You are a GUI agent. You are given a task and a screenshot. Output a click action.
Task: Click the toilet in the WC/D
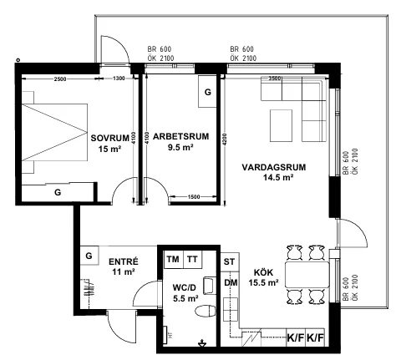[206, 311]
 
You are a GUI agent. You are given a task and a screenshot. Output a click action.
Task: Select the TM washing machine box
[174, 260]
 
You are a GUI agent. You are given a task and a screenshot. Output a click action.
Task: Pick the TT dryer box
[193, 260]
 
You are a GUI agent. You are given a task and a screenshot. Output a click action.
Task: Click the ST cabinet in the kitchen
[230, 261]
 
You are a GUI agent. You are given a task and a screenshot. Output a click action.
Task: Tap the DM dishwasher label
[231, 282]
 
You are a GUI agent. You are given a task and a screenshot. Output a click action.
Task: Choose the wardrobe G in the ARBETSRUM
[207, 91]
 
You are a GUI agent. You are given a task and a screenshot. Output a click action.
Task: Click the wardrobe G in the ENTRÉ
[89, 256]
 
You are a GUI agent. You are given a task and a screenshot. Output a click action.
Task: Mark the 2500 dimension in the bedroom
[60, 79]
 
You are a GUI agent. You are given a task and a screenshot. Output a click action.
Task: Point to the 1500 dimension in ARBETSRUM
[194, 197]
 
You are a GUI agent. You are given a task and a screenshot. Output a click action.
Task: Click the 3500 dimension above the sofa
[275, 79]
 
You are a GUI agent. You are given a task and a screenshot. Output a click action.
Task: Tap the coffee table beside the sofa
[281, 125]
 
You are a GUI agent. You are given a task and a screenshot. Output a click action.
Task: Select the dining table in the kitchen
[307, 275]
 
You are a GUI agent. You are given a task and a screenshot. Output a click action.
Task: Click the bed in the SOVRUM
[54, 132]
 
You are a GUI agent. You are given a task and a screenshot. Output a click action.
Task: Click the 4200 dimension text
[225, 139]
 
